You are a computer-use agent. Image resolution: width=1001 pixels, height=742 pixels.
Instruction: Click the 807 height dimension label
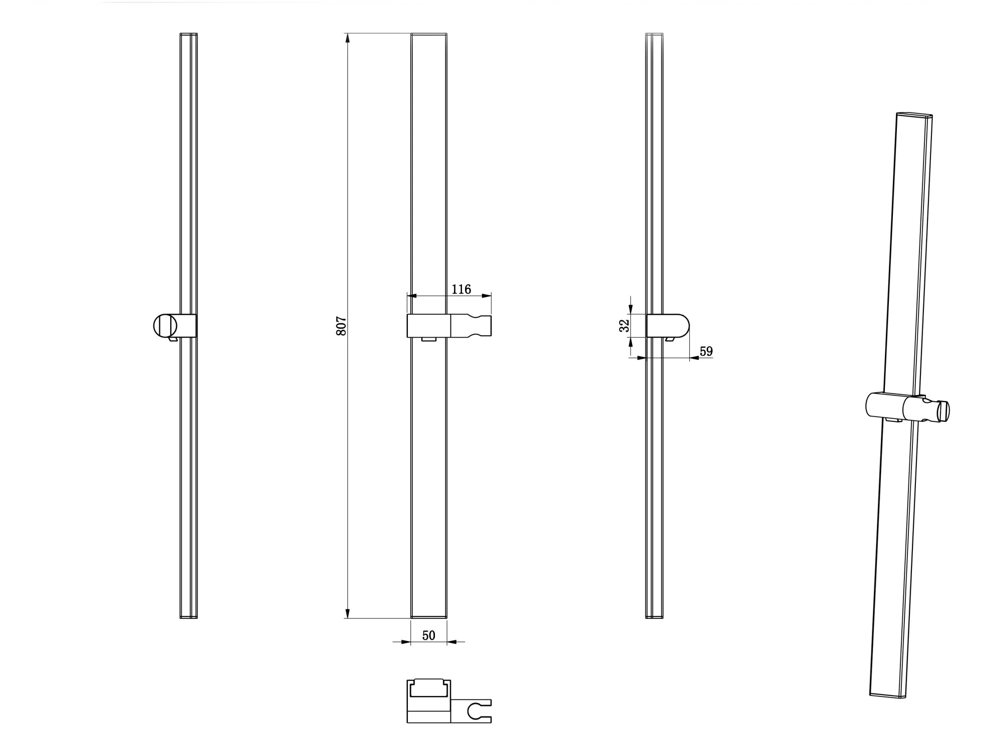pyautogui.click(x=341, y=326)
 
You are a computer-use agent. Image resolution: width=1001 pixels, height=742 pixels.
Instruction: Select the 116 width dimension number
pyautogui.click(x=461, y=289)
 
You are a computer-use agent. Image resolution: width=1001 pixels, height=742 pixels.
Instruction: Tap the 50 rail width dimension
pyautogui.click(x=429, y=635)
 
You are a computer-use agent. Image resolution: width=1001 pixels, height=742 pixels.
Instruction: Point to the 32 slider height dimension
pyautogui.click(x=624, y=326)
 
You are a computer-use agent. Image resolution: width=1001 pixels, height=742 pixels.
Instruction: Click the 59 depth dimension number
pyautogui.click(x=706, y=351)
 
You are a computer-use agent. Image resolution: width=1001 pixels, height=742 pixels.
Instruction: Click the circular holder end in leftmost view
pyautogui.click(x=165, y=326)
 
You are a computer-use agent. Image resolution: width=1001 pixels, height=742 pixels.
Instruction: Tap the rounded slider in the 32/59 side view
pyautogui.click(x=668, y=326)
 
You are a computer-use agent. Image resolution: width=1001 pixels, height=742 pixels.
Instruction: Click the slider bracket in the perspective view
pyautogui.click(x=907, y=407)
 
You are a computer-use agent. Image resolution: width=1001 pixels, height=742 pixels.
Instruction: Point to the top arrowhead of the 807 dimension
pyautogui.click(x=347, y=38)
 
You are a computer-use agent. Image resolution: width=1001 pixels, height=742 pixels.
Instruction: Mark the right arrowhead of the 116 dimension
pyautogui.click(x=486, y=296)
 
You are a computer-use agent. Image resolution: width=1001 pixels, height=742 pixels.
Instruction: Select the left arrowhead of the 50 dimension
pyautogui.click(x=406, y=641)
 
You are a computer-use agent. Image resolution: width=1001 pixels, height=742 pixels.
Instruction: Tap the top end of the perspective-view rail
pyautogui.click(x=914, y=115)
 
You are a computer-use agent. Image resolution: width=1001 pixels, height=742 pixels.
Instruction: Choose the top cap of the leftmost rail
pyautogui.click(x=189, y=35)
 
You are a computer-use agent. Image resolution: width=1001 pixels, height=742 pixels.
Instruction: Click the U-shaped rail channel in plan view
pyautogui.click(x=429, y=688)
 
